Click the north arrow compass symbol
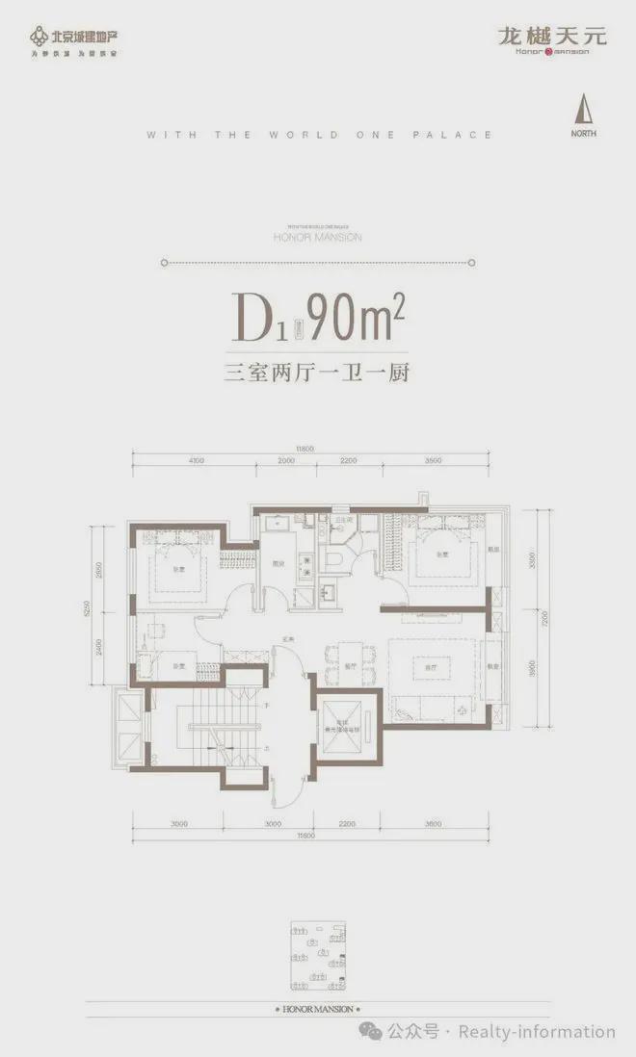582,108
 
